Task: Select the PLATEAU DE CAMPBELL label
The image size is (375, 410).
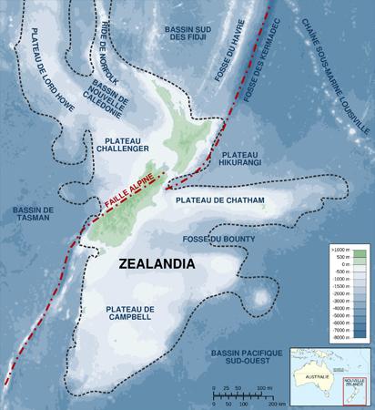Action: (130, 314)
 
